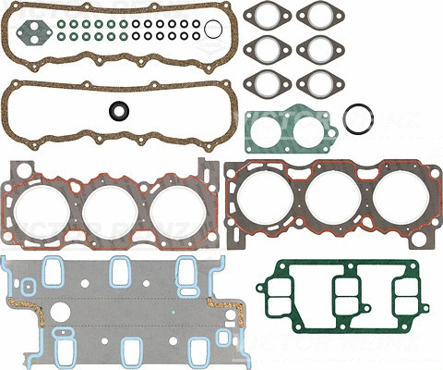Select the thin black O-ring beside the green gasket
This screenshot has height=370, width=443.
(357, 117)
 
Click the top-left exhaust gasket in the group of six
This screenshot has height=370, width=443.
(267, 17)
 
